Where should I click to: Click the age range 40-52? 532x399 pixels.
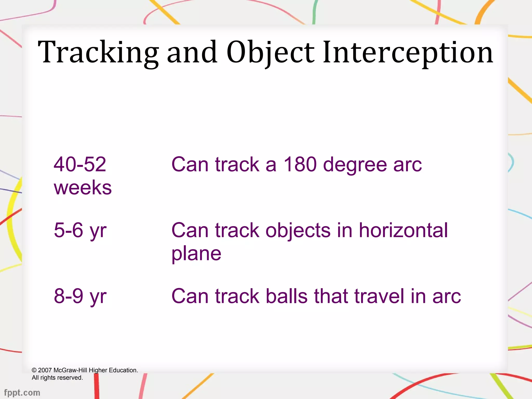point(80,164)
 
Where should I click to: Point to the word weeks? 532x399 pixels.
point(83,188)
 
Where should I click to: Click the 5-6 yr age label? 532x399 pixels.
point(80,230)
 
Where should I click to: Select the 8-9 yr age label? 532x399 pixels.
point(80,296)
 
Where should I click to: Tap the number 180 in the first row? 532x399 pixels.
point(300,164)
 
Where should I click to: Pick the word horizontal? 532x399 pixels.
point(403,230)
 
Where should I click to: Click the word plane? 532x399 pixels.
point(196,254)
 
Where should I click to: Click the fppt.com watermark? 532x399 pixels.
point(22,393)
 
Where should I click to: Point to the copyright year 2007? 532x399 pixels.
point(45,370)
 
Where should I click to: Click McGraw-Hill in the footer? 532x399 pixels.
point(70,370)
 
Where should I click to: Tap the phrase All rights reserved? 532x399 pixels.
point(57,378)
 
